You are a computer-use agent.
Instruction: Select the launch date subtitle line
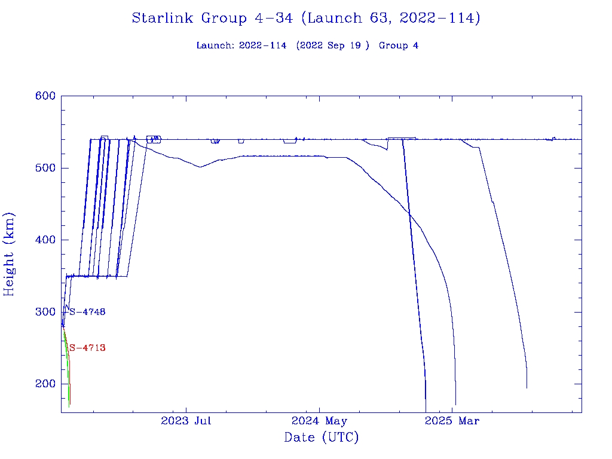307,45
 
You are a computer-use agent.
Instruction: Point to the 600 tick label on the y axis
45,96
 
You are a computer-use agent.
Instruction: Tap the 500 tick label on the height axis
45,168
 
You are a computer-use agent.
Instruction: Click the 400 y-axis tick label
45,240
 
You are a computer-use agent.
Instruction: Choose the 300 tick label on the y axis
45,312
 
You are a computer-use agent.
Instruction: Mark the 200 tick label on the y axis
45,384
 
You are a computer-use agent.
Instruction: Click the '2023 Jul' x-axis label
186,421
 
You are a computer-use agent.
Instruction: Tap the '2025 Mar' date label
452,421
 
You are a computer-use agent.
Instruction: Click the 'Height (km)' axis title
10,254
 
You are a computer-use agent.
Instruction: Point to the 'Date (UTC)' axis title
322,437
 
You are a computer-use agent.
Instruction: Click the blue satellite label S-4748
87,311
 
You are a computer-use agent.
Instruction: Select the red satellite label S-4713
87,348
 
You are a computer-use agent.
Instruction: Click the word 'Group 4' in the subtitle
399,45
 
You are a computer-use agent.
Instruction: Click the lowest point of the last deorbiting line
527,388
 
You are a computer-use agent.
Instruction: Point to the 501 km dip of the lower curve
200,167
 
